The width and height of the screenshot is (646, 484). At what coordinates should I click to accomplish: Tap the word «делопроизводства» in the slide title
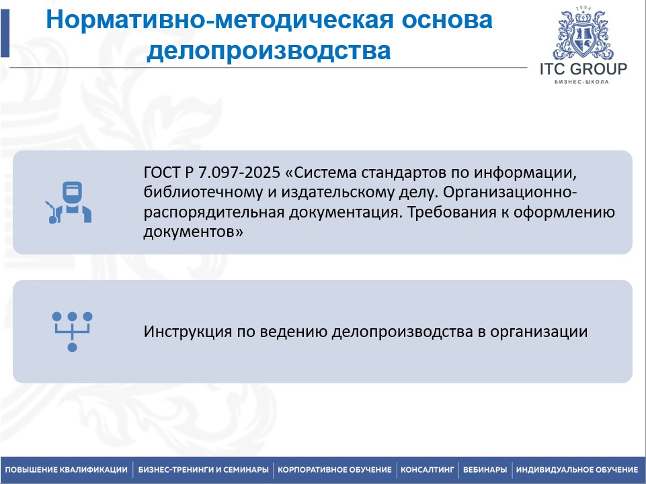(x=269, y=51)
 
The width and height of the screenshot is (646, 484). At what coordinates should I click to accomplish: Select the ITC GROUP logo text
(x=583, y=69)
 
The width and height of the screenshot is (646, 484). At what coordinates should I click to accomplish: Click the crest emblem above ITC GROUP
(x=583, y=33)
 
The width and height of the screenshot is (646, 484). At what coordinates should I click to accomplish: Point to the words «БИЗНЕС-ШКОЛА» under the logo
(x=583, y=83)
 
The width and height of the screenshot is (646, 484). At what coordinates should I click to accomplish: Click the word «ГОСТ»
(x=159, y=172)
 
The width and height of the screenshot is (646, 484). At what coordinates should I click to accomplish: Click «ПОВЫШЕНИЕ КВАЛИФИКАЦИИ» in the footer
(x=67, y=470)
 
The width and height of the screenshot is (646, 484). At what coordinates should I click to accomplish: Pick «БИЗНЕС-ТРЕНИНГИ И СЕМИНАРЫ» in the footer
(x=204, y=470)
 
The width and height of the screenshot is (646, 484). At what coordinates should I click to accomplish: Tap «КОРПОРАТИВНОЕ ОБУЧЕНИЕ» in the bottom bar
(x=335, y=470)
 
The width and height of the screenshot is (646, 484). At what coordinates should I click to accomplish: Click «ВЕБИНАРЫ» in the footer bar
(x=485, y=470)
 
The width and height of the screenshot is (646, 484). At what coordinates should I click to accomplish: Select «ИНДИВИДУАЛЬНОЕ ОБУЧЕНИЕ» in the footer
(x=577, y=470)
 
